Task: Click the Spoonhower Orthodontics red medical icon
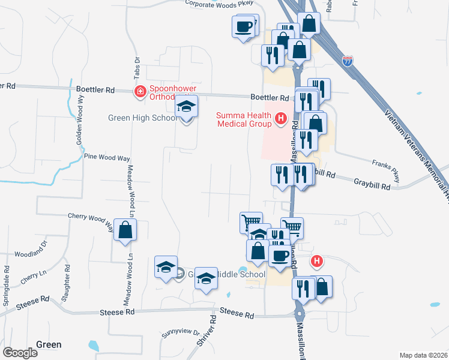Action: pyautogui.click(x=139, y=91)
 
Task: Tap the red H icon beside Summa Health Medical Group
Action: pyautogui.click(x=280, y=119)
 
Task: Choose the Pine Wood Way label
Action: pyautogui.click(x=107, y=157)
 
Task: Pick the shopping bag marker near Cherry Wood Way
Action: pyautogui.click(x=125, y=230)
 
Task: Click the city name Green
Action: pyautogui.click(x=49, y=344)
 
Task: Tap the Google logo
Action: pyautogui.click(x=20, y=353)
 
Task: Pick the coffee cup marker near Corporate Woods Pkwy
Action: pyautogui.click(x=244, y=27)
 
